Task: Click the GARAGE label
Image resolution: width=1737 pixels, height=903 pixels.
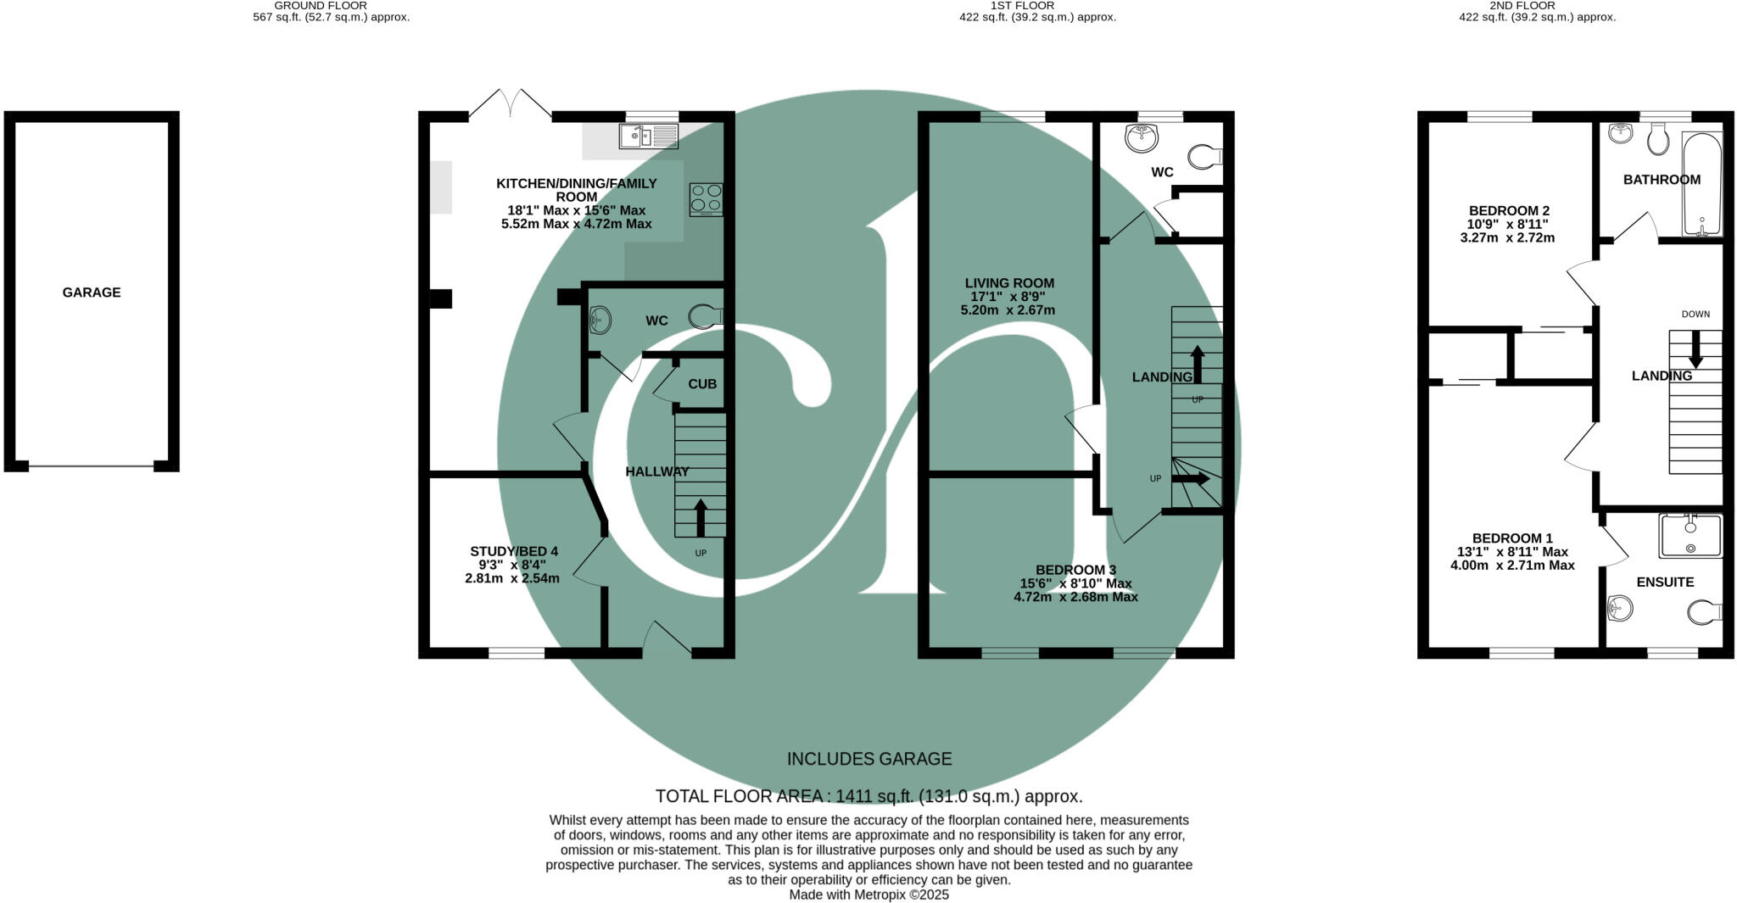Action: [92, 293]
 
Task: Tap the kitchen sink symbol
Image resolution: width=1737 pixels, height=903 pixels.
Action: [649, 136]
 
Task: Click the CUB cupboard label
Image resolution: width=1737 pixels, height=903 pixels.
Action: [702, 384]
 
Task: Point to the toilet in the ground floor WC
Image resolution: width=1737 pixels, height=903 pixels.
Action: [705, 317]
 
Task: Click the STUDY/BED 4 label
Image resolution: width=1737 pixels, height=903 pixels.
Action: [514, 552]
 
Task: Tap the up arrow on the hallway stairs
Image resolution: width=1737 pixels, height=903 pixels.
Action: [701, 517]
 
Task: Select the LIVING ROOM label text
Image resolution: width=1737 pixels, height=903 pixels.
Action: [1009, 283]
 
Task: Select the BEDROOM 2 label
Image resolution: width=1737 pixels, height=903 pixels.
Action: [1509, 210]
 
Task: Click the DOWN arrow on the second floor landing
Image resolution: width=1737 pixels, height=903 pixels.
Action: [1695, 348]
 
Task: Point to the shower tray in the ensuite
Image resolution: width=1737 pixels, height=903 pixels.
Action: [1691, 536]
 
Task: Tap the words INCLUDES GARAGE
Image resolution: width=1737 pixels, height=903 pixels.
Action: [868, 759]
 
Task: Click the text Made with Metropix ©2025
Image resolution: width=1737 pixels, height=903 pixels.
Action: [868, 895]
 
